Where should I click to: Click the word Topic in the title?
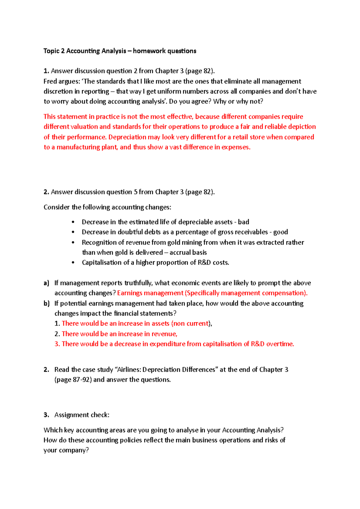pos(51,51)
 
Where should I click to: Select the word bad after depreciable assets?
pos(243,222)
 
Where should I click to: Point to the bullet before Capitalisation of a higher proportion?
pos(73,263)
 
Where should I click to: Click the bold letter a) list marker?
pos(46,283)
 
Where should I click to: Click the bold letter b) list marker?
pos(46,303)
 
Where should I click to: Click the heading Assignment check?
pos(82,415)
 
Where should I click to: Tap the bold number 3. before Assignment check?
pos(46,415)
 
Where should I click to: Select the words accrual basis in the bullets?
pos(188,252)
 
